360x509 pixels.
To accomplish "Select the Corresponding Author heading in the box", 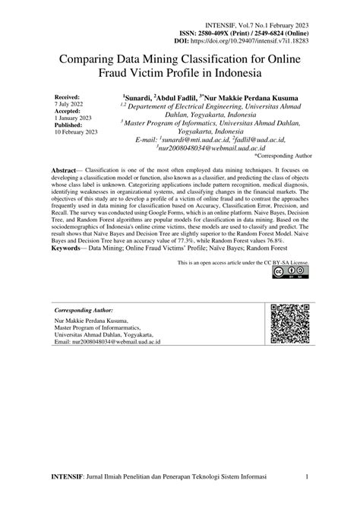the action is pyautogui.click(x=84, y=311).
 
